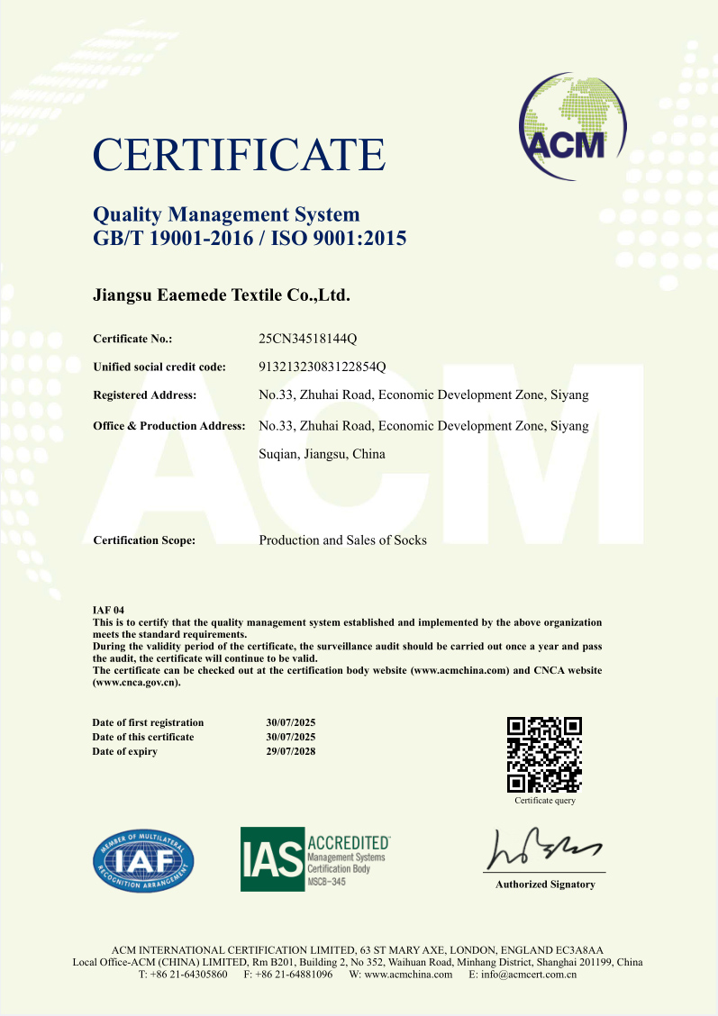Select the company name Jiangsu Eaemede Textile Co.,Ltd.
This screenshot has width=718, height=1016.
click(x=222, y=295)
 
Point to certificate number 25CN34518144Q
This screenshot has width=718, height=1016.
click(x=308, y=339)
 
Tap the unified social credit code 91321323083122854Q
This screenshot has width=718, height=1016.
click(x=323, y=367)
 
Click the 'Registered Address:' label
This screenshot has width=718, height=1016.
click(x=145, y=395)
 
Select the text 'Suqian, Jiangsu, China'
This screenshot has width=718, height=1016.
click(x=322, y=454)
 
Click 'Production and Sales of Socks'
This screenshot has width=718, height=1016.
click(x=342, y=540)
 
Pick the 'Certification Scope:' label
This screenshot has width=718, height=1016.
click(x=144, y=541)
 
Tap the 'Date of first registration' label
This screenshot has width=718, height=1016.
click(x=148, y=722)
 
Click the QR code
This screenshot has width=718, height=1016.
click(x=544, y=754)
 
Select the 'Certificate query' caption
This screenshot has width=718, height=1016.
click(x=545, y=801)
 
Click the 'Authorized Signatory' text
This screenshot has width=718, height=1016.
click(x=545, y=884)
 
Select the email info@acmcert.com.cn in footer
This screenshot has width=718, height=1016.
click(x=529, y=975)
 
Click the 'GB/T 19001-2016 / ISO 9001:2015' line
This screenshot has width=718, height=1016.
click(x=250, y=240)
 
